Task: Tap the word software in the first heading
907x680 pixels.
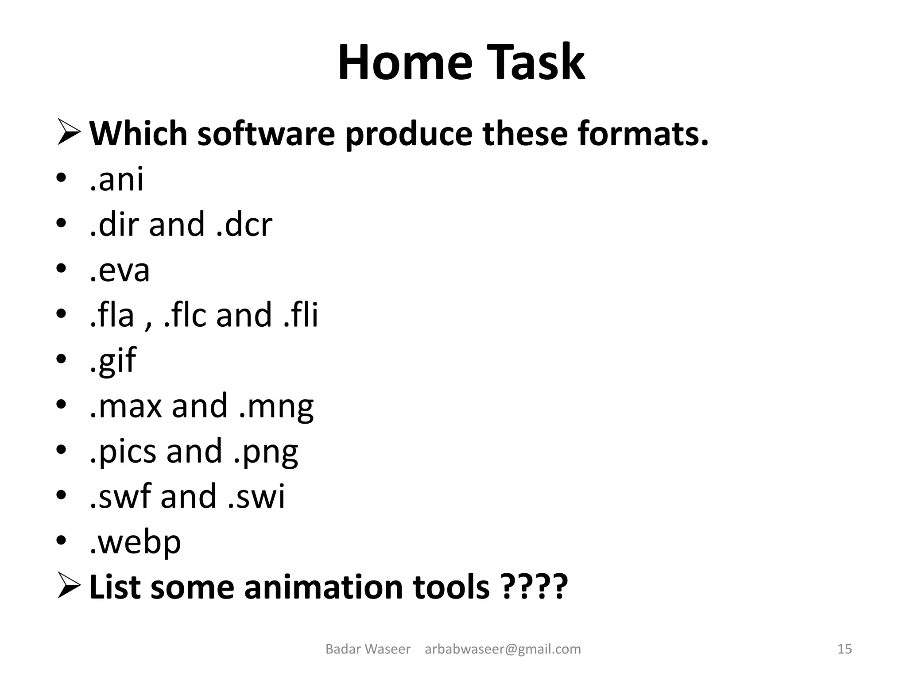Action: pyautogui.click(x=266, y=133)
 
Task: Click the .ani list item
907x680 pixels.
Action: pyautogui.click(x=116, y=179)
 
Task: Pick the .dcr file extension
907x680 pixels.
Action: pyautogui.click(x=244, y=224)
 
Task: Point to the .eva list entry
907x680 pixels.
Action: pyautogui.click(x=120, y=270)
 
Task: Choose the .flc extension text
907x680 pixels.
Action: pyautogui.click(x=185, y=315)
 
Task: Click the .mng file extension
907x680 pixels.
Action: pyautogui.click(x=276, y=406)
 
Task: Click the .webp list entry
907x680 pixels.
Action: pyautogui.click(x=135, y=542)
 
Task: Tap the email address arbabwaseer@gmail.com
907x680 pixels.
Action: pyautogui.click(x=503, y=649)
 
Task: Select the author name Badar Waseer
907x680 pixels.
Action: pyautogui.click(x=368, y=649)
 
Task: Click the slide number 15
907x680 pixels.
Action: pyautogui.click(x=845, y=649)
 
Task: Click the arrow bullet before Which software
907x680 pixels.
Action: pyautogui.click(x=69, y=133)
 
